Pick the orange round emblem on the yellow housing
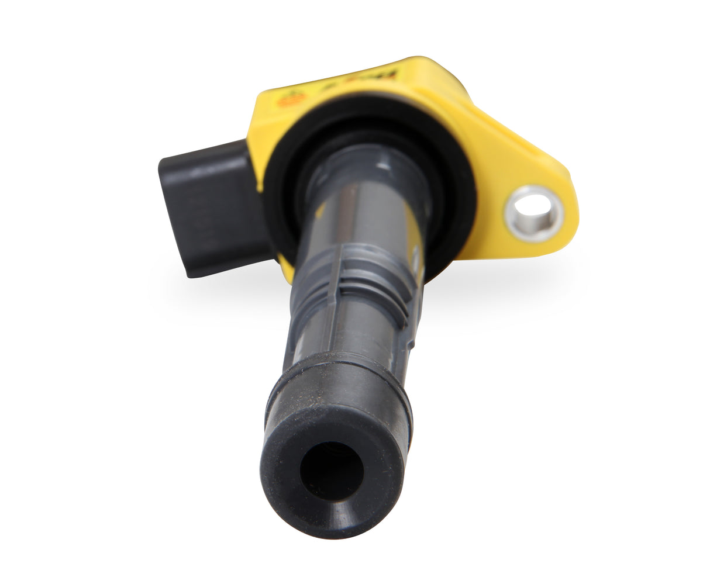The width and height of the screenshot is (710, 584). click(x=291, y=99)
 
